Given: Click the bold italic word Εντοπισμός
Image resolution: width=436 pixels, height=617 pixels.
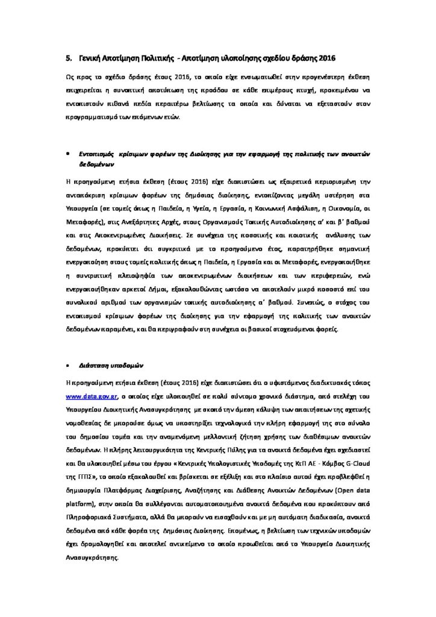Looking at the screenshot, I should point(98,153).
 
